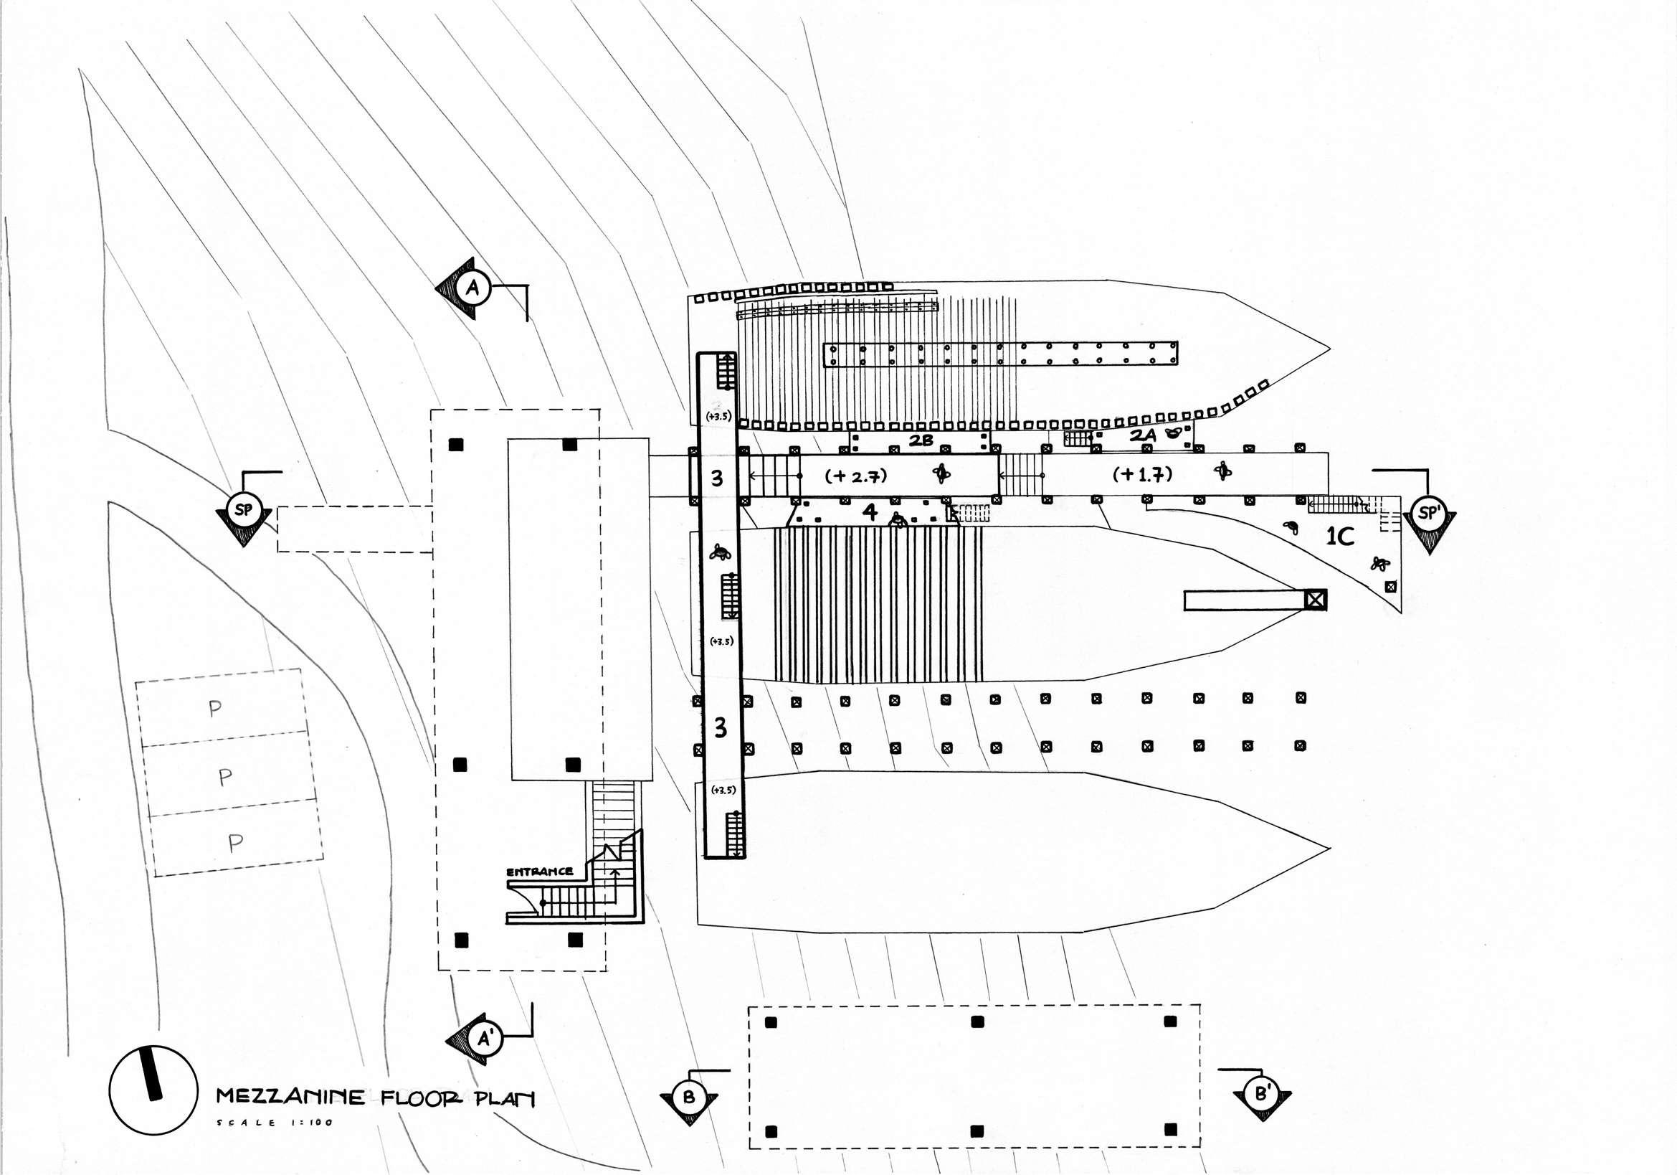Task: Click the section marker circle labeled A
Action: click(x=472, y=288)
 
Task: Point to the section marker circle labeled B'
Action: click(x=1261, y=1094)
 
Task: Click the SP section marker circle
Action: click(x=243, y=509)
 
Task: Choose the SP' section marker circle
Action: click(x=1427, y=513)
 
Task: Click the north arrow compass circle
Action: click(x=153, y=1090)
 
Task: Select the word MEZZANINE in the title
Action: click(x=290, y=1097)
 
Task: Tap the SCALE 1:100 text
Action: click(x=275, y=1123)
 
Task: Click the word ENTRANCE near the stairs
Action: click(x=540, y=872)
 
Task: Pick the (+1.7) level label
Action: click(x=1142, y=474)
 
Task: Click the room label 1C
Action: click(x=1340, y=537)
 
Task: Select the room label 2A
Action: click(x=1142, y=435)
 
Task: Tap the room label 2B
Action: click(x=921, y=440)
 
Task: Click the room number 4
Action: click(x=869, y=511)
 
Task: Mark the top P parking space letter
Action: click(x=215, y=708)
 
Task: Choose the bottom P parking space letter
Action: click(x=234, y=844)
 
